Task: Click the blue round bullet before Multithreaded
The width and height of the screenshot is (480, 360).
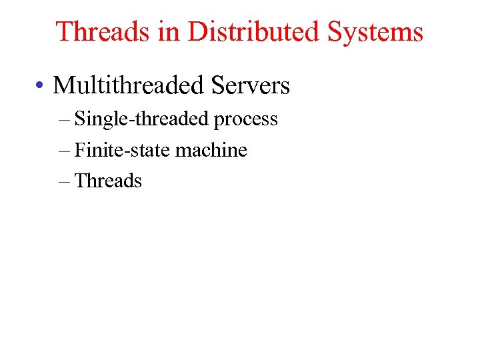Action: (x=41, y=86)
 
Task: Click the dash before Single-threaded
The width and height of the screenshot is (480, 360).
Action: (x=64, y=119)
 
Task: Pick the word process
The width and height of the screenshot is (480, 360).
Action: (x=246, y=120)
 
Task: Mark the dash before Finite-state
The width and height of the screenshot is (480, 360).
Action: (x=64, y=151)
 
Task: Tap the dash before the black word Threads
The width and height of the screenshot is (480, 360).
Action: (x=64, y=181)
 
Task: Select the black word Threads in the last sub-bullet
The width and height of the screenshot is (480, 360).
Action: (x=108, y=181)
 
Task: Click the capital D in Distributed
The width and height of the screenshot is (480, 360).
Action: (x=197, y=31)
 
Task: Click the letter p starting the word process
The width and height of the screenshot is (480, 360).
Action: (x=218, y=121)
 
